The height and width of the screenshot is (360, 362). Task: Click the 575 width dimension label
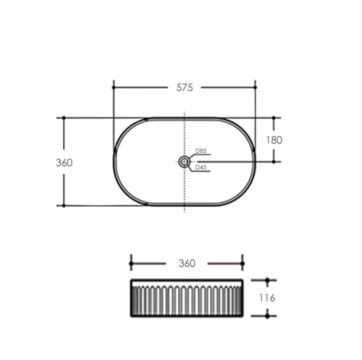[184, 88]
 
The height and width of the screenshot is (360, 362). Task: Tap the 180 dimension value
[274, 140]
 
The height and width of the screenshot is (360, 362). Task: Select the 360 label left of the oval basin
[65, 163]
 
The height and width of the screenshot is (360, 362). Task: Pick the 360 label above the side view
[187, 263]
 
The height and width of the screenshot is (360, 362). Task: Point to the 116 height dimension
[267, 298]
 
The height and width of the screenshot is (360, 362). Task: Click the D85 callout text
[201, 151]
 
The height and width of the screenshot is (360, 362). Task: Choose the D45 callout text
[201, 167]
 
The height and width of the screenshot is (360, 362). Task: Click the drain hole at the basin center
[184, 162]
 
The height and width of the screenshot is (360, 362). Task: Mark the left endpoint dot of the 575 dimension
[113, 88]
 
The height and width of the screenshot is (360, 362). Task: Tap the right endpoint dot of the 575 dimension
[255, 88]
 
